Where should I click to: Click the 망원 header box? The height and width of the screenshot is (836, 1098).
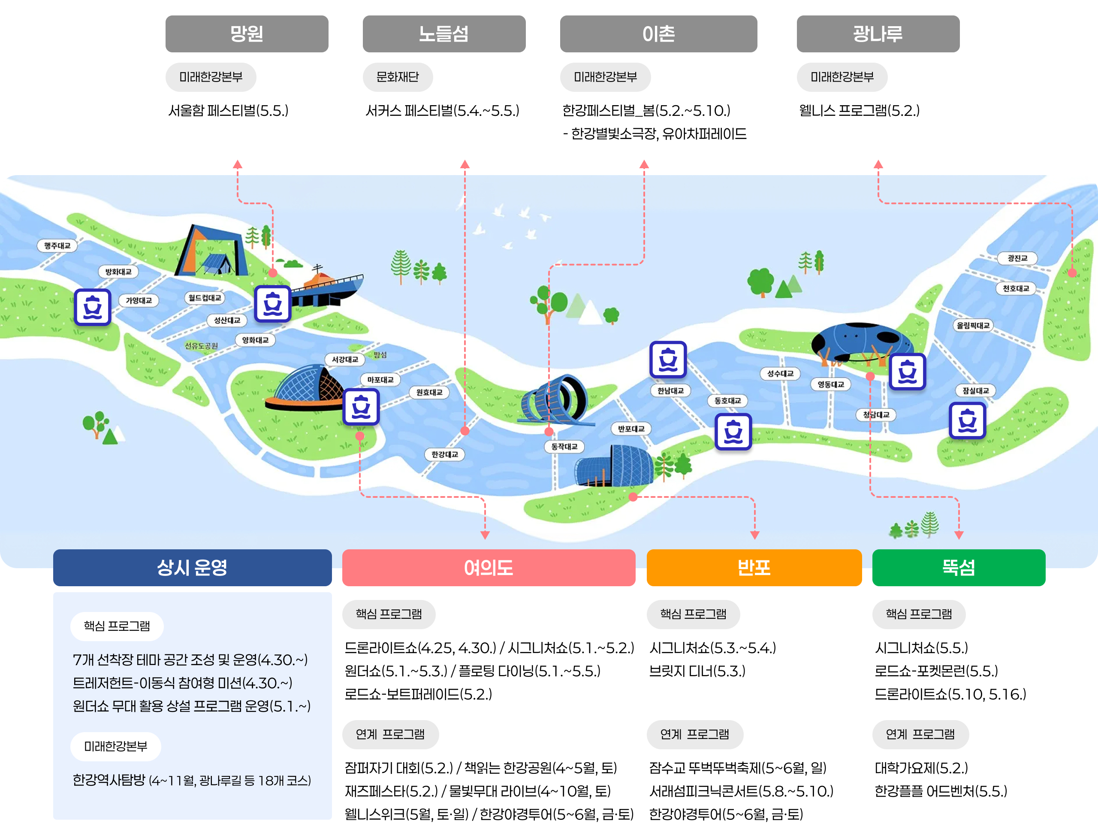pos(247,34)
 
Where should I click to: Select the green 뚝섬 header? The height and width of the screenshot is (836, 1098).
pos(958,567)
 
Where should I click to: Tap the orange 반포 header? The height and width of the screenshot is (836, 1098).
pos(754,567)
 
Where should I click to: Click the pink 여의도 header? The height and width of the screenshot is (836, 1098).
pos(489,567)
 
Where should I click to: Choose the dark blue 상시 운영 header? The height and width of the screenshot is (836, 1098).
pos(192,567)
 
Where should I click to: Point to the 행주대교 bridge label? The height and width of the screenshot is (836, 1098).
pos(57,245)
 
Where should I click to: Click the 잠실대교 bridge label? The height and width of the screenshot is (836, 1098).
pos(975,391)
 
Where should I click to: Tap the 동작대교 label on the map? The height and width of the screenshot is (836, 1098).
pos(564,446)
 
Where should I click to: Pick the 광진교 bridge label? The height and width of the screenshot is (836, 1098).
pos(1017,258)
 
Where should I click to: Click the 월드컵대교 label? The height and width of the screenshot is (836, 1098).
pos(205,297)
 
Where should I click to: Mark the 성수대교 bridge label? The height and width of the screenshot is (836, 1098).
pos(780,373)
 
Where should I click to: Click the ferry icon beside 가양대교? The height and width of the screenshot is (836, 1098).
pos(93,307)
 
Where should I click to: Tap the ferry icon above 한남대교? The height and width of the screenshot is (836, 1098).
pos(668,359)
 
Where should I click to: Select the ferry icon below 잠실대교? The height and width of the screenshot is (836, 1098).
pos(967,421)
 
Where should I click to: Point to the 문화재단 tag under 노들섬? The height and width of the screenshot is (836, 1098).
pos(397,77)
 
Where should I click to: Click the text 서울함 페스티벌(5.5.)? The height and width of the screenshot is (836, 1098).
pos(228,110)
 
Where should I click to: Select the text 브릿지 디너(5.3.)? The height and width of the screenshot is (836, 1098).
pos(697,671)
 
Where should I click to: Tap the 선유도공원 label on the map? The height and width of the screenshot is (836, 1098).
pos(201,345)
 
